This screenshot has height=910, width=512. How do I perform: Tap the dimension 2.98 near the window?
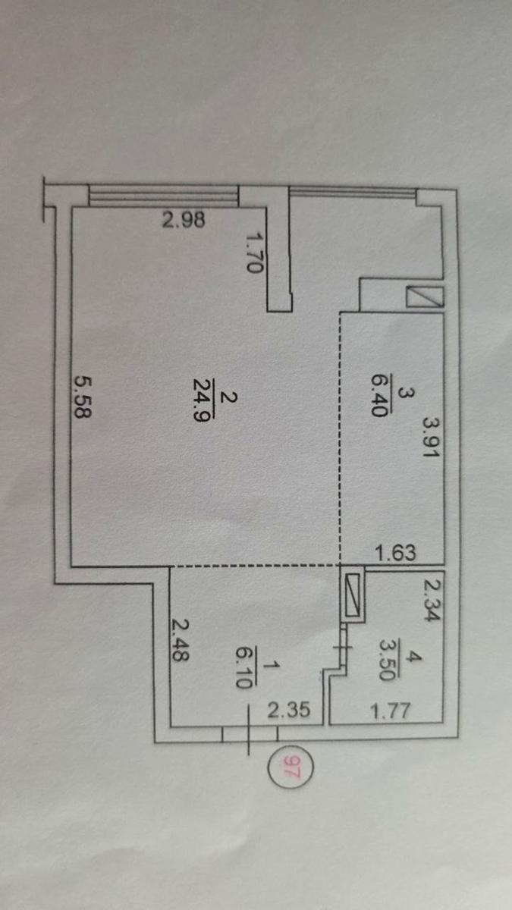click(x=184, y=220)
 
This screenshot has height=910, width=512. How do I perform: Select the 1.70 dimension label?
click(x=253, y=252)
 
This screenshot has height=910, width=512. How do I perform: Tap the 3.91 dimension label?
click(x=431, y=437)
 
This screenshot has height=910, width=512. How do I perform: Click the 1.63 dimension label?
click(x=396, y=553)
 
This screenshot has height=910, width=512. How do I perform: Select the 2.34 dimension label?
click(x=432, y=600)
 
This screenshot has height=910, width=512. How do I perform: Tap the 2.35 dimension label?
click(x=289, y=710)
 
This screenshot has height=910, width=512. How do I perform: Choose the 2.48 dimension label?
click(x=180, y=640)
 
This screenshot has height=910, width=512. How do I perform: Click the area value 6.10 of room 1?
click(x=243, y=667)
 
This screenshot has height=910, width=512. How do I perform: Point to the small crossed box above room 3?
click(x=425, y=297)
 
